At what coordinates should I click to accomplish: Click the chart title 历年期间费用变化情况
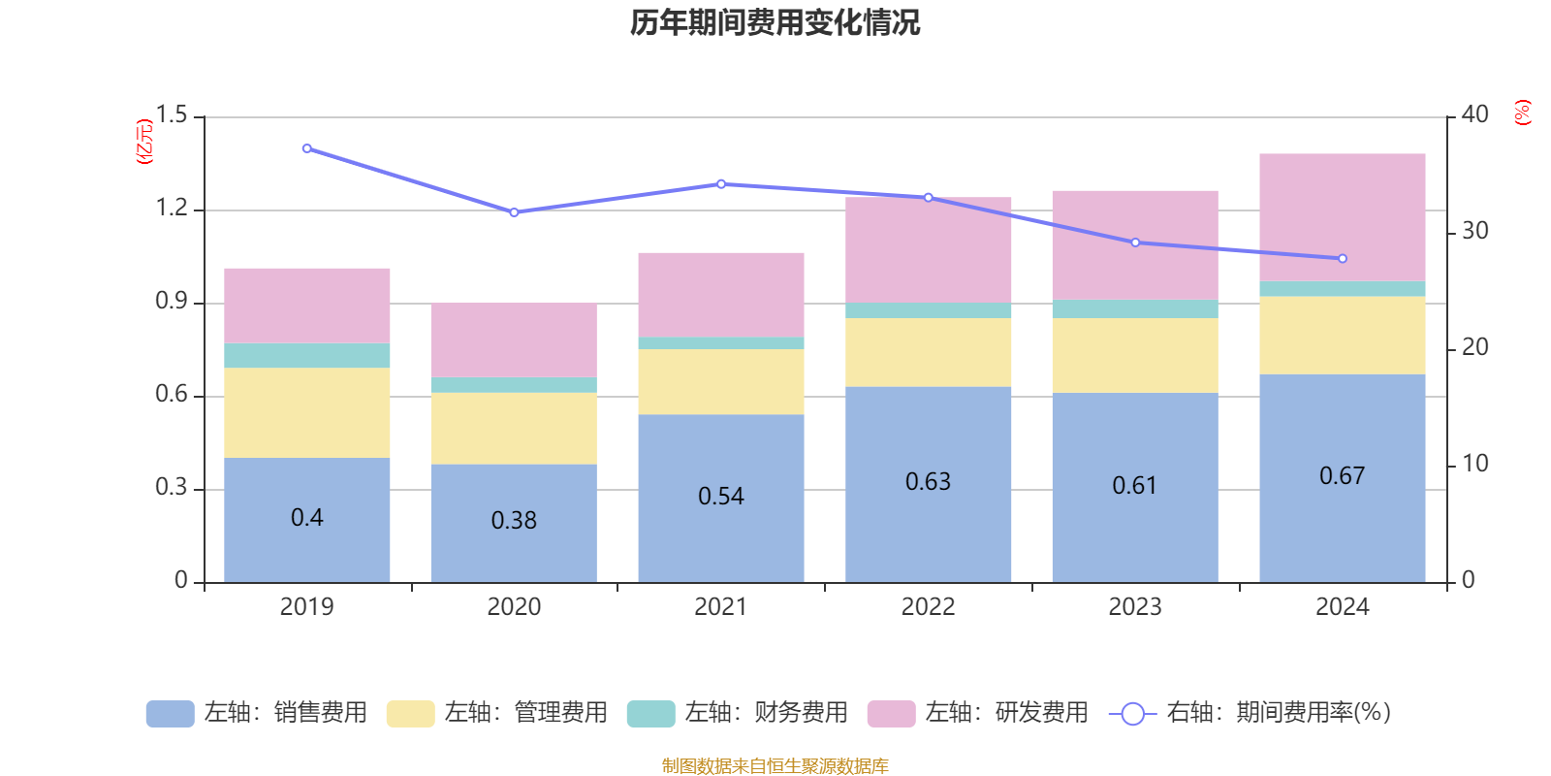[775, 22]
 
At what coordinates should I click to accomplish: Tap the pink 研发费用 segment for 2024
[1342, 217]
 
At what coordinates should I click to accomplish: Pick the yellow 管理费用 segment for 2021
[720, 381]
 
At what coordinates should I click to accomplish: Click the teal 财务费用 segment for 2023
[1134, 309]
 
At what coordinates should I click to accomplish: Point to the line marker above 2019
[307, 148]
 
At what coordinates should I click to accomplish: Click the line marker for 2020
[514, 212]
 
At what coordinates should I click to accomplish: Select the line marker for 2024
[1343, 259]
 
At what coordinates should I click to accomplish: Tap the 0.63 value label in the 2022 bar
[928, 482]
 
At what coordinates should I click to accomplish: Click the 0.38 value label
[514, 521]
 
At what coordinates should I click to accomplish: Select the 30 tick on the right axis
[1474, 231]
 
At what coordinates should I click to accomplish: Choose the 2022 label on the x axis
[928, 607]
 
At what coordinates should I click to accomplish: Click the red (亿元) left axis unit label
[144, 142]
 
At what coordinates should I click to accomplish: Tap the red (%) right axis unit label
[1522, 113]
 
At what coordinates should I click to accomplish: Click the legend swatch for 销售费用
[170, 713]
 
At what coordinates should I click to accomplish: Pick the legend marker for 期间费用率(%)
[1132, 714]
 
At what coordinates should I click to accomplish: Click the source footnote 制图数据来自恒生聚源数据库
[775, 766]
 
